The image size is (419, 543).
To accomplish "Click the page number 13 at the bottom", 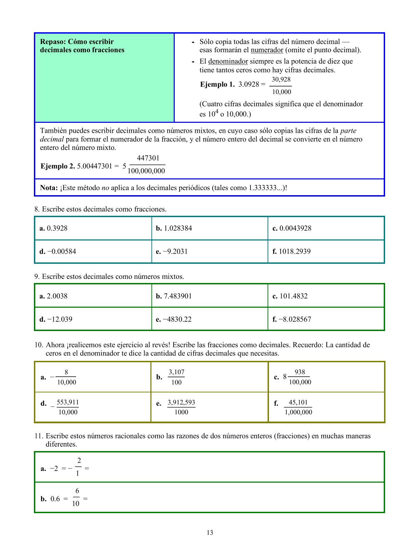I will click(210, 532).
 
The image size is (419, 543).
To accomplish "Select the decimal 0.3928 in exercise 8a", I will click(57, 228).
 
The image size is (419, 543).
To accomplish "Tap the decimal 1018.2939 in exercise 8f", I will click(295, 251).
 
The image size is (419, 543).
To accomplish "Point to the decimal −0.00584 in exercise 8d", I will click(62, 251).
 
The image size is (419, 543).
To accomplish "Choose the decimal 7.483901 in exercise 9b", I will click(178, 296).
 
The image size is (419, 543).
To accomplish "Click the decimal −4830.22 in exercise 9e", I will click(177, 319).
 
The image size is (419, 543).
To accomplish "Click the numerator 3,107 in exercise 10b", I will click(176, 372).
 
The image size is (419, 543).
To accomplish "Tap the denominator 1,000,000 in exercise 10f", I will click(298, 412).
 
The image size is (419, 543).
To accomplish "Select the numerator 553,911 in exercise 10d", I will click(68, 402).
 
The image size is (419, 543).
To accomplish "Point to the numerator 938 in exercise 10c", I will click(300, 372).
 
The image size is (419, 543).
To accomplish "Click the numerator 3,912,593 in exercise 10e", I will click(181, 402).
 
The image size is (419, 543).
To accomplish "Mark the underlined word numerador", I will click(267, 50).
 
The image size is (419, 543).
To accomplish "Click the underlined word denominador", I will click(228, 61).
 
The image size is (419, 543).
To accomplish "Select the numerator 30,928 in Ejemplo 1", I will click(281, 80).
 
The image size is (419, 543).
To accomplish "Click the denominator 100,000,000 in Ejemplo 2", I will click(146, 171).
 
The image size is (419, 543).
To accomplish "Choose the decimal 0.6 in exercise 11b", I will click(55, 499).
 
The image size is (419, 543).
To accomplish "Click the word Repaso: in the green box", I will click(53, 42).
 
